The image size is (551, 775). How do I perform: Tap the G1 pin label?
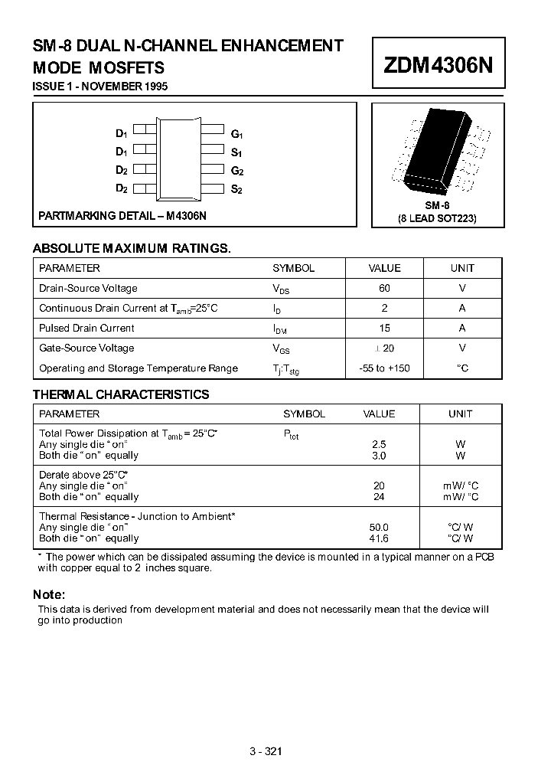click(x=236, y=133)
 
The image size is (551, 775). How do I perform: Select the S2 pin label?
click(x=236, y=189)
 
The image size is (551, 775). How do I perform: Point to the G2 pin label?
click(x=236, y=171)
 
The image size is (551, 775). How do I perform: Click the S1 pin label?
click(x=236, y=152)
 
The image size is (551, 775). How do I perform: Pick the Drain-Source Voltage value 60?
click(x=384, y=289)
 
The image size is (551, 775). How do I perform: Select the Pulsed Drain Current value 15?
click(x=384, y=329)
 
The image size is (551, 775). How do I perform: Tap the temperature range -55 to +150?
click(x=384, y=368)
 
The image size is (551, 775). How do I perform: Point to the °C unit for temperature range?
click(x=462, y=368)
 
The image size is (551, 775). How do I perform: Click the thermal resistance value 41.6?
click(x=379, y=538)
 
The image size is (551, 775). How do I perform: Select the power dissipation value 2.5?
click(x=379, y=444)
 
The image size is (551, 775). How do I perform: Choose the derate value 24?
click(x=379, y=496)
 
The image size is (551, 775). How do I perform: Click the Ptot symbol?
click(x=292, y=434)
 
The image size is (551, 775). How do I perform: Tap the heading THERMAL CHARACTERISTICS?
click(x=121, y=395)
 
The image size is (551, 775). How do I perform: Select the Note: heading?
click(x=49, y=595)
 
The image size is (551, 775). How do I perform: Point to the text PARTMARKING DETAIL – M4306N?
click(x=122, y=216)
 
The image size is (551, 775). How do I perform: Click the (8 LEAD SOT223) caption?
click(x=437, y=218)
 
